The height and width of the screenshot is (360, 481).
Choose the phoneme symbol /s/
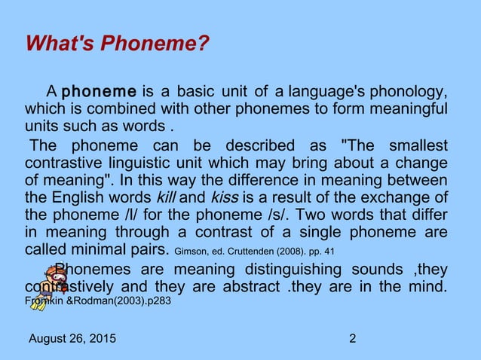point(284,215)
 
